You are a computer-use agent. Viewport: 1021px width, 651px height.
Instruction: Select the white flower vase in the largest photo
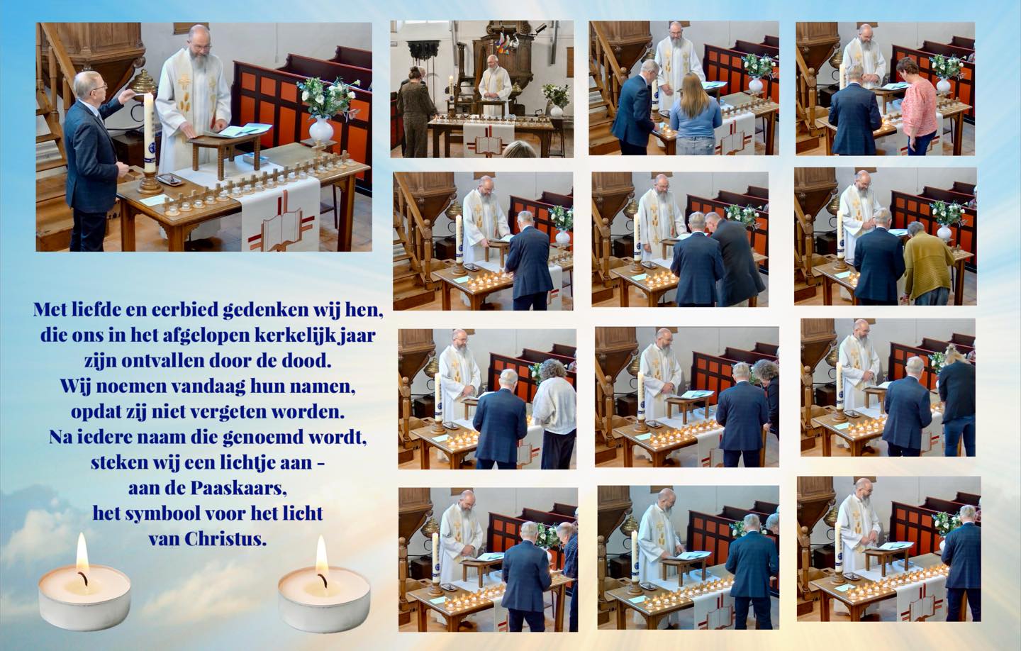pyautogui.click(x=321, y=130)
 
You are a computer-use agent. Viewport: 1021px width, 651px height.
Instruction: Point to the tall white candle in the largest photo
pyautogui.click(x=149, y=132)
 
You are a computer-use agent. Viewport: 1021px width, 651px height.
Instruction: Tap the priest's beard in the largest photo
pyautogui.click(x=199, y=60)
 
